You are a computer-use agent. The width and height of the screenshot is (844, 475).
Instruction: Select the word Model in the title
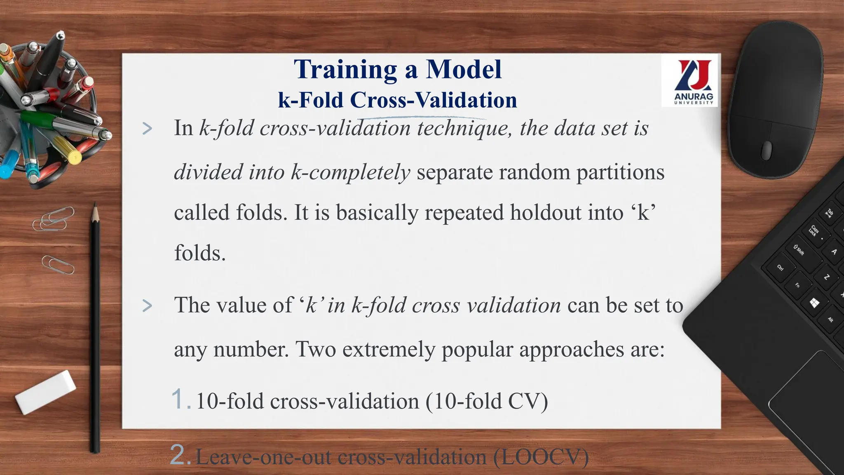pos(464,69)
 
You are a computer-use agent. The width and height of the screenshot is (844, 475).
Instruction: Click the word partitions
pos(620,172)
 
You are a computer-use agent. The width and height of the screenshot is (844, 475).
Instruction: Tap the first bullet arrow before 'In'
pos(147,129)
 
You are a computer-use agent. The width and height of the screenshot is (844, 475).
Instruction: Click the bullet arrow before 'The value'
pos(147,306)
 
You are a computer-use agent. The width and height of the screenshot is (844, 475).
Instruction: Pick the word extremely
pos(389,350)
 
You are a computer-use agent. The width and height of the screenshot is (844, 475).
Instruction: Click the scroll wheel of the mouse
pos(767,150)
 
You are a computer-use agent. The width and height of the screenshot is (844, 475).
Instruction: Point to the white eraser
pos(46,392)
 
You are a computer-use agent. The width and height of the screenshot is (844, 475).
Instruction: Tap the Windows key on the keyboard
pos(814,303)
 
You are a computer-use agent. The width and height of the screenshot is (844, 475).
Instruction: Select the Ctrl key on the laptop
pos(780,267)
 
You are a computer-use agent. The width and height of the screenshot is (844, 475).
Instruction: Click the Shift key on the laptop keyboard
pos(799,250)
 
